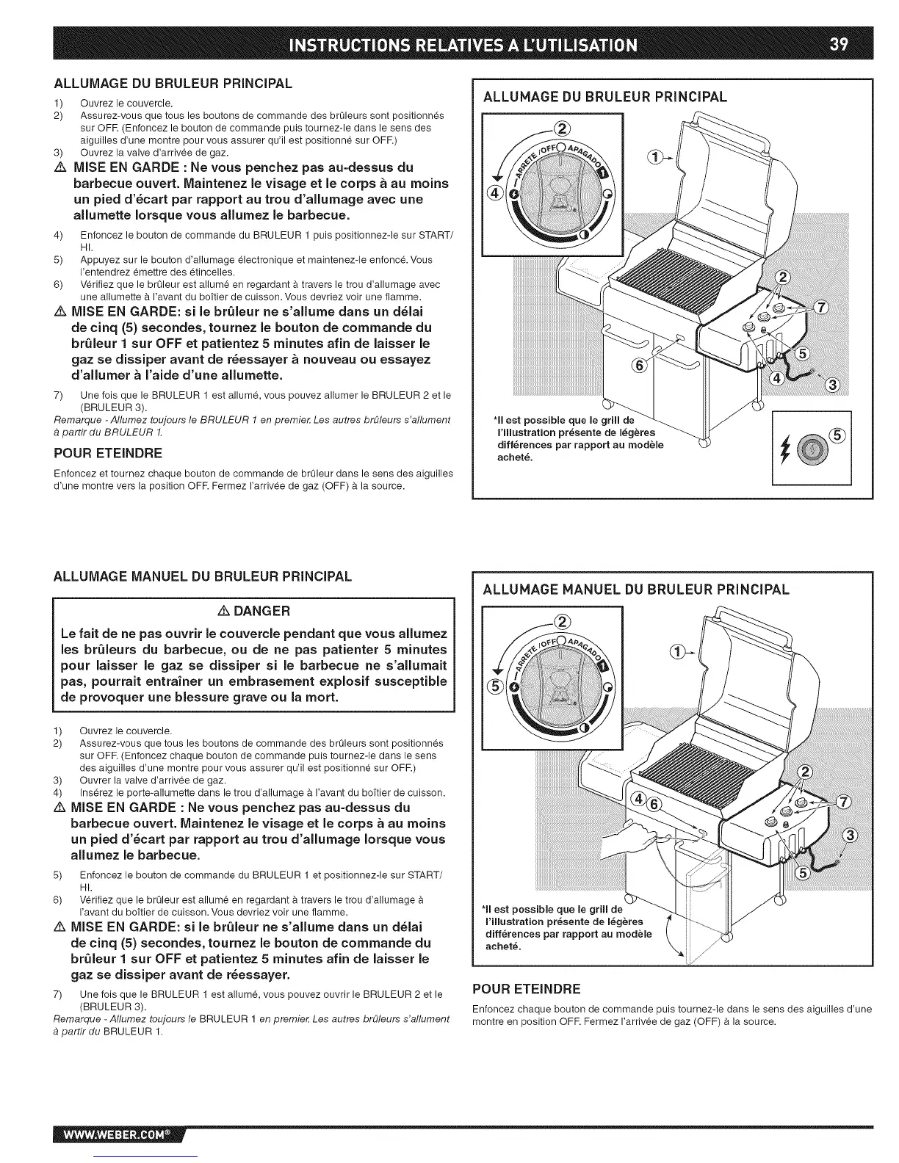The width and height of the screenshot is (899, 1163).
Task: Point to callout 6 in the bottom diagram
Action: tap(654, 801)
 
